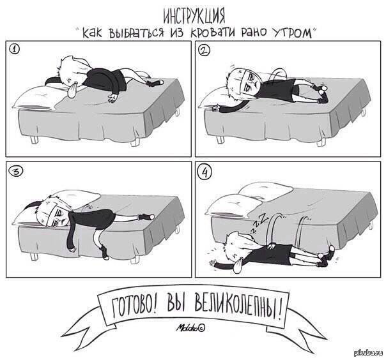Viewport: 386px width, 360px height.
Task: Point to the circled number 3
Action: [17, 171]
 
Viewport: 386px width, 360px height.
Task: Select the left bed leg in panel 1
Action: [33, 139]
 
